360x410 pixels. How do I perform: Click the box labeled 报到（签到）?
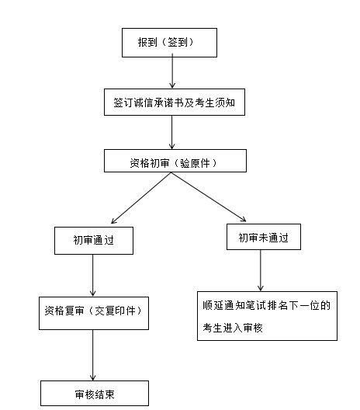169,43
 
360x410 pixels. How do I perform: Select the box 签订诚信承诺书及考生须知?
175,102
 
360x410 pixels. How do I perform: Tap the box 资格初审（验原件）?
175,161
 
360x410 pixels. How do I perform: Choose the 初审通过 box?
94,241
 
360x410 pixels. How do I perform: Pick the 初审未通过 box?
264,237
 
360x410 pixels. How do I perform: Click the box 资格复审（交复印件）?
94,313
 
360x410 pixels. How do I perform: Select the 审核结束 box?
95,393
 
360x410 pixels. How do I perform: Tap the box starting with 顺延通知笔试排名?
267,316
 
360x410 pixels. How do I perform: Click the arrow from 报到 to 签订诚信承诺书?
172,71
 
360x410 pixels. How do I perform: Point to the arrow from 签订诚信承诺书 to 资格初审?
171,132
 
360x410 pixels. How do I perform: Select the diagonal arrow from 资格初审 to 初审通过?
141,198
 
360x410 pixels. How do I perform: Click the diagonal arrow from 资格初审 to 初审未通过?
209,197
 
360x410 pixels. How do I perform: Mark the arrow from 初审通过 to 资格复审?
92,276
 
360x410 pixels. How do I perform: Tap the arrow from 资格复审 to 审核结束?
92,355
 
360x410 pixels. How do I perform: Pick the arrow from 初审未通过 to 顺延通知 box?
260,270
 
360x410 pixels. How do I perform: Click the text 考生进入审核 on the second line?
233,328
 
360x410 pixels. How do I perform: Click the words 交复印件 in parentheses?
115,311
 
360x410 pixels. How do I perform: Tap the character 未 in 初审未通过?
264,238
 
